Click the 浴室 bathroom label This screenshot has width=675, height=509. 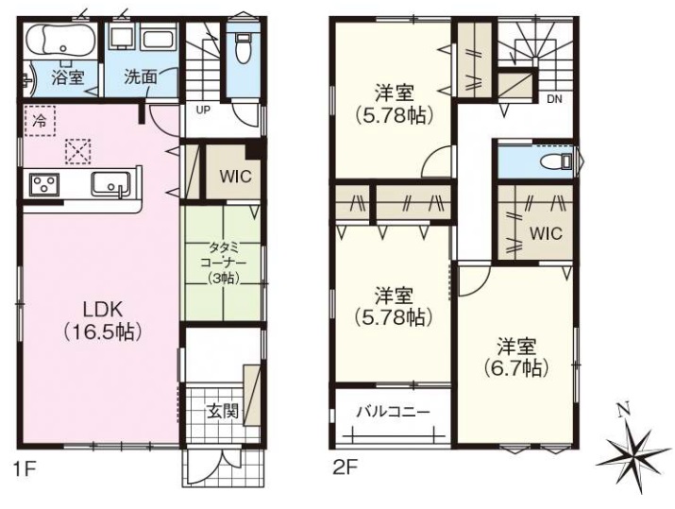click(68, 77)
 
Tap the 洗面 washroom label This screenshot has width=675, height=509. click(141, 77)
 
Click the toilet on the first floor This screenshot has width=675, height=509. click(244, 47)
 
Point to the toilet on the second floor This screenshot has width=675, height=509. click(556, 161)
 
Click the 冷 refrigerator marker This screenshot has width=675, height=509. click(39, 121)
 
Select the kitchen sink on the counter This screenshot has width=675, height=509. click(110, 184)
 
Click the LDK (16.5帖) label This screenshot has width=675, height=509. click(103, 321)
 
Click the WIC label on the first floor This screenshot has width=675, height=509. click(235, 177)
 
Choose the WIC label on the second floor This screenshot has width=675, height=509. click(546, 233)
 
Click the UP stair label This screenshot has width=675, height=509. click(203, 110)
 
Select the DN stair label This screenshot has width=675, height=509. click(554, 99)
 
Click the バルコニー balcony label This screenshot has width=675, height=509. click(394, 412)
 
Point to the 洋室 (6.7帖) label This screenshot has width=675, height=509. click(516, 357)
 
